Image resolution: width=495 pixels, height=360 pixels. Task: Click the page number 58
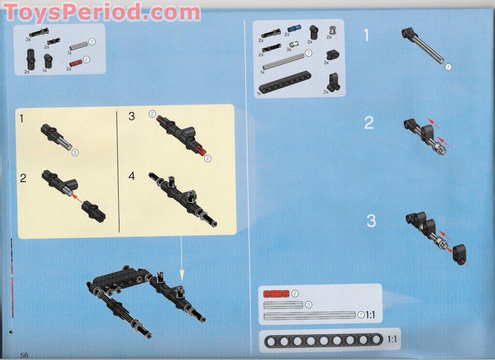pos(24,355)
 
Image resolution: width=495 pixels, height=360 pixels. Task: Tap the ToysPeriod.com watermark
pos(102,13)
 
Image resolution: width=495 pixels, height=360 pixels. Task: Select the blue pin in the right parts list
pos(294,29)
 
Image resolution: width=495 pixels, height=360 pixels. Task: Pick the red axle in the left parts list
pos(76,63)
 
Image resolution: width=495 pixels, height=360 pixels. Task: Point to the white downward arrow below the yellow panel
pos(181,258)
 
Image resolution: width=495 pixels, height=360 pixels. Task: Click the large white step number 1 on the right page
pos(366,35)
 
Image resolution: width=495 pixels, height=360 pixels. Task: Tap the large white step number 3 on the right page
pos(371,221)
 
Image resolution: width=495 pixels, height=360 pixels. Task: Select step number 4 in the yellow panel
pos(131,176)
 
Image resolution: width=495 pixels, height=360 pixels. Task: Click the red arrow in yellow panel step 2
pos(77,199)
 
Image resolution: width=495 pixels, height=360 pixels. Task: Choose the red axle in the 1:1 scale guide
pos(276,294)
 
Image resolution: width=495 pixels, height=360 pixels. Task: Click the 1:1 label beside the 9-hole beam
pos(392,340)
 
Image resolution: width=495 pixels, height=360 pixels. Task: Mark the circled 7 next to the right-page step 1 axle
pos(448,67)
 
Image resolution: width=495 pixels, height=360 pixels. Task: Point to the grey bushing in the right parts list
pos(332,30)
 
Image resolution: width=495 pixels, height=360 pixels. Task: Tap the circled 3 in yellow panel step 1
pos(75,153)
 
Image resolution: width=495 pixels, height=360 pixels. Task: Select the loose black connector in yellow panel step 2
pos(94,211)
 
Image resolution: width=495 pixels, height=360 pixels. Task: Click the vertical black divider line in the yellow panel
pos(118,172)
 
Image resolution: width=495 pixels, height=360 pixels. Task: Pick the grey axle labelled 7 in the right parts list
pos(283,61)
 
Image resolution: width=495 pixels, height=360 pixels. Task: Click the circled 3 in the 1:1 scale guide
pos(308,305)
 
